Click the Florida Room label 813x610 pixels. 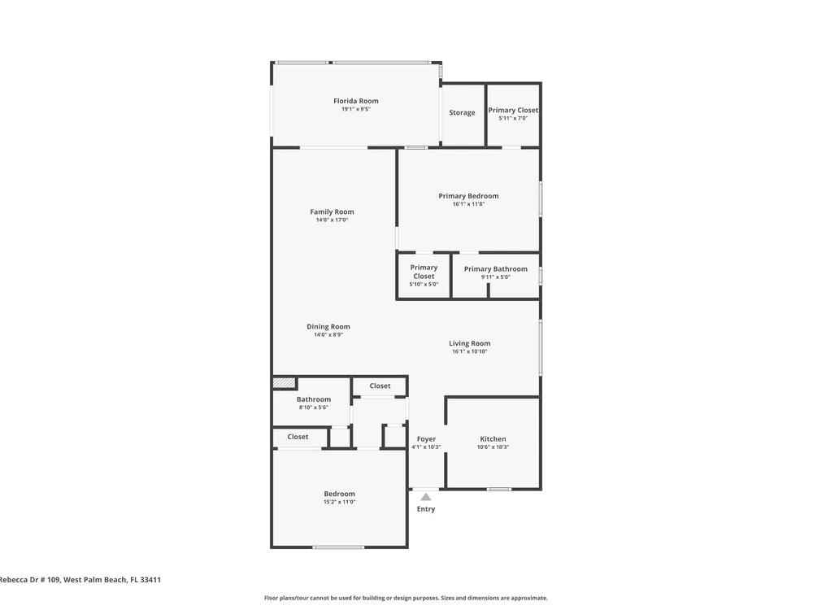click(x=356, y=101)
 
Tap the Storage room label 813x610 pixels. click(x=462, y=112)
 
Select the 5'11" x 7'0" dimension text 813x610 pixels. click(x=513, y=118)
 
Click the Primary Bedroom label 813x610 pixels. click(x=469, y=196)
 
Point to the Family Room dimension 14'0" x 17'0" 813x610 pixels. click(x=332, y=220)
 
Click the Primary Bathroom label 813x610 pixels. click(x=496, y=268)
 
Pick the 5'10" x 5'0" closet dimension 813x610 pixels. click(x=424, y=284)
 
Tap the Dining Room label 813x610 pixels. click(x=328, y=327)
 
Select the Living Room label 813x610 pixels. click(x=470, y=343)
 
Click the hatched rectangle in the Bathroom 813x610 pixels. click(x=284, y=383)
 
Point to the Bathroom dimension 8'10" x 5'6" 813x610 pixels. click(x=314, y=407)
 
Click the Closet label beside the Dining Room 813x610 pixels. click(x=380, y=386)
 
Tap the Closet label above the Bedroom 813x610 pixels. click(x=298, y=437)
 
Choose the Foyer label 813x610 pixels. click(x=426, y=439)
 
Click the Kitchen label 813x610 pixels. click(x=493, y=439)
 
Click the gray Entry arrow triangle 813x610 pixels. click(x=426, y=497)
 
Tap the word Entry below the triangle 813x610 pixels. click(x=426, y=509)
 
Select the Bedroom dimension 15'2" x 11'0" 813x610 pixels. click(x=340, y=502)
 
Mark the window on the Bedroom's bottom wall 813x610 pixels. click(x=338, y=547)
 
